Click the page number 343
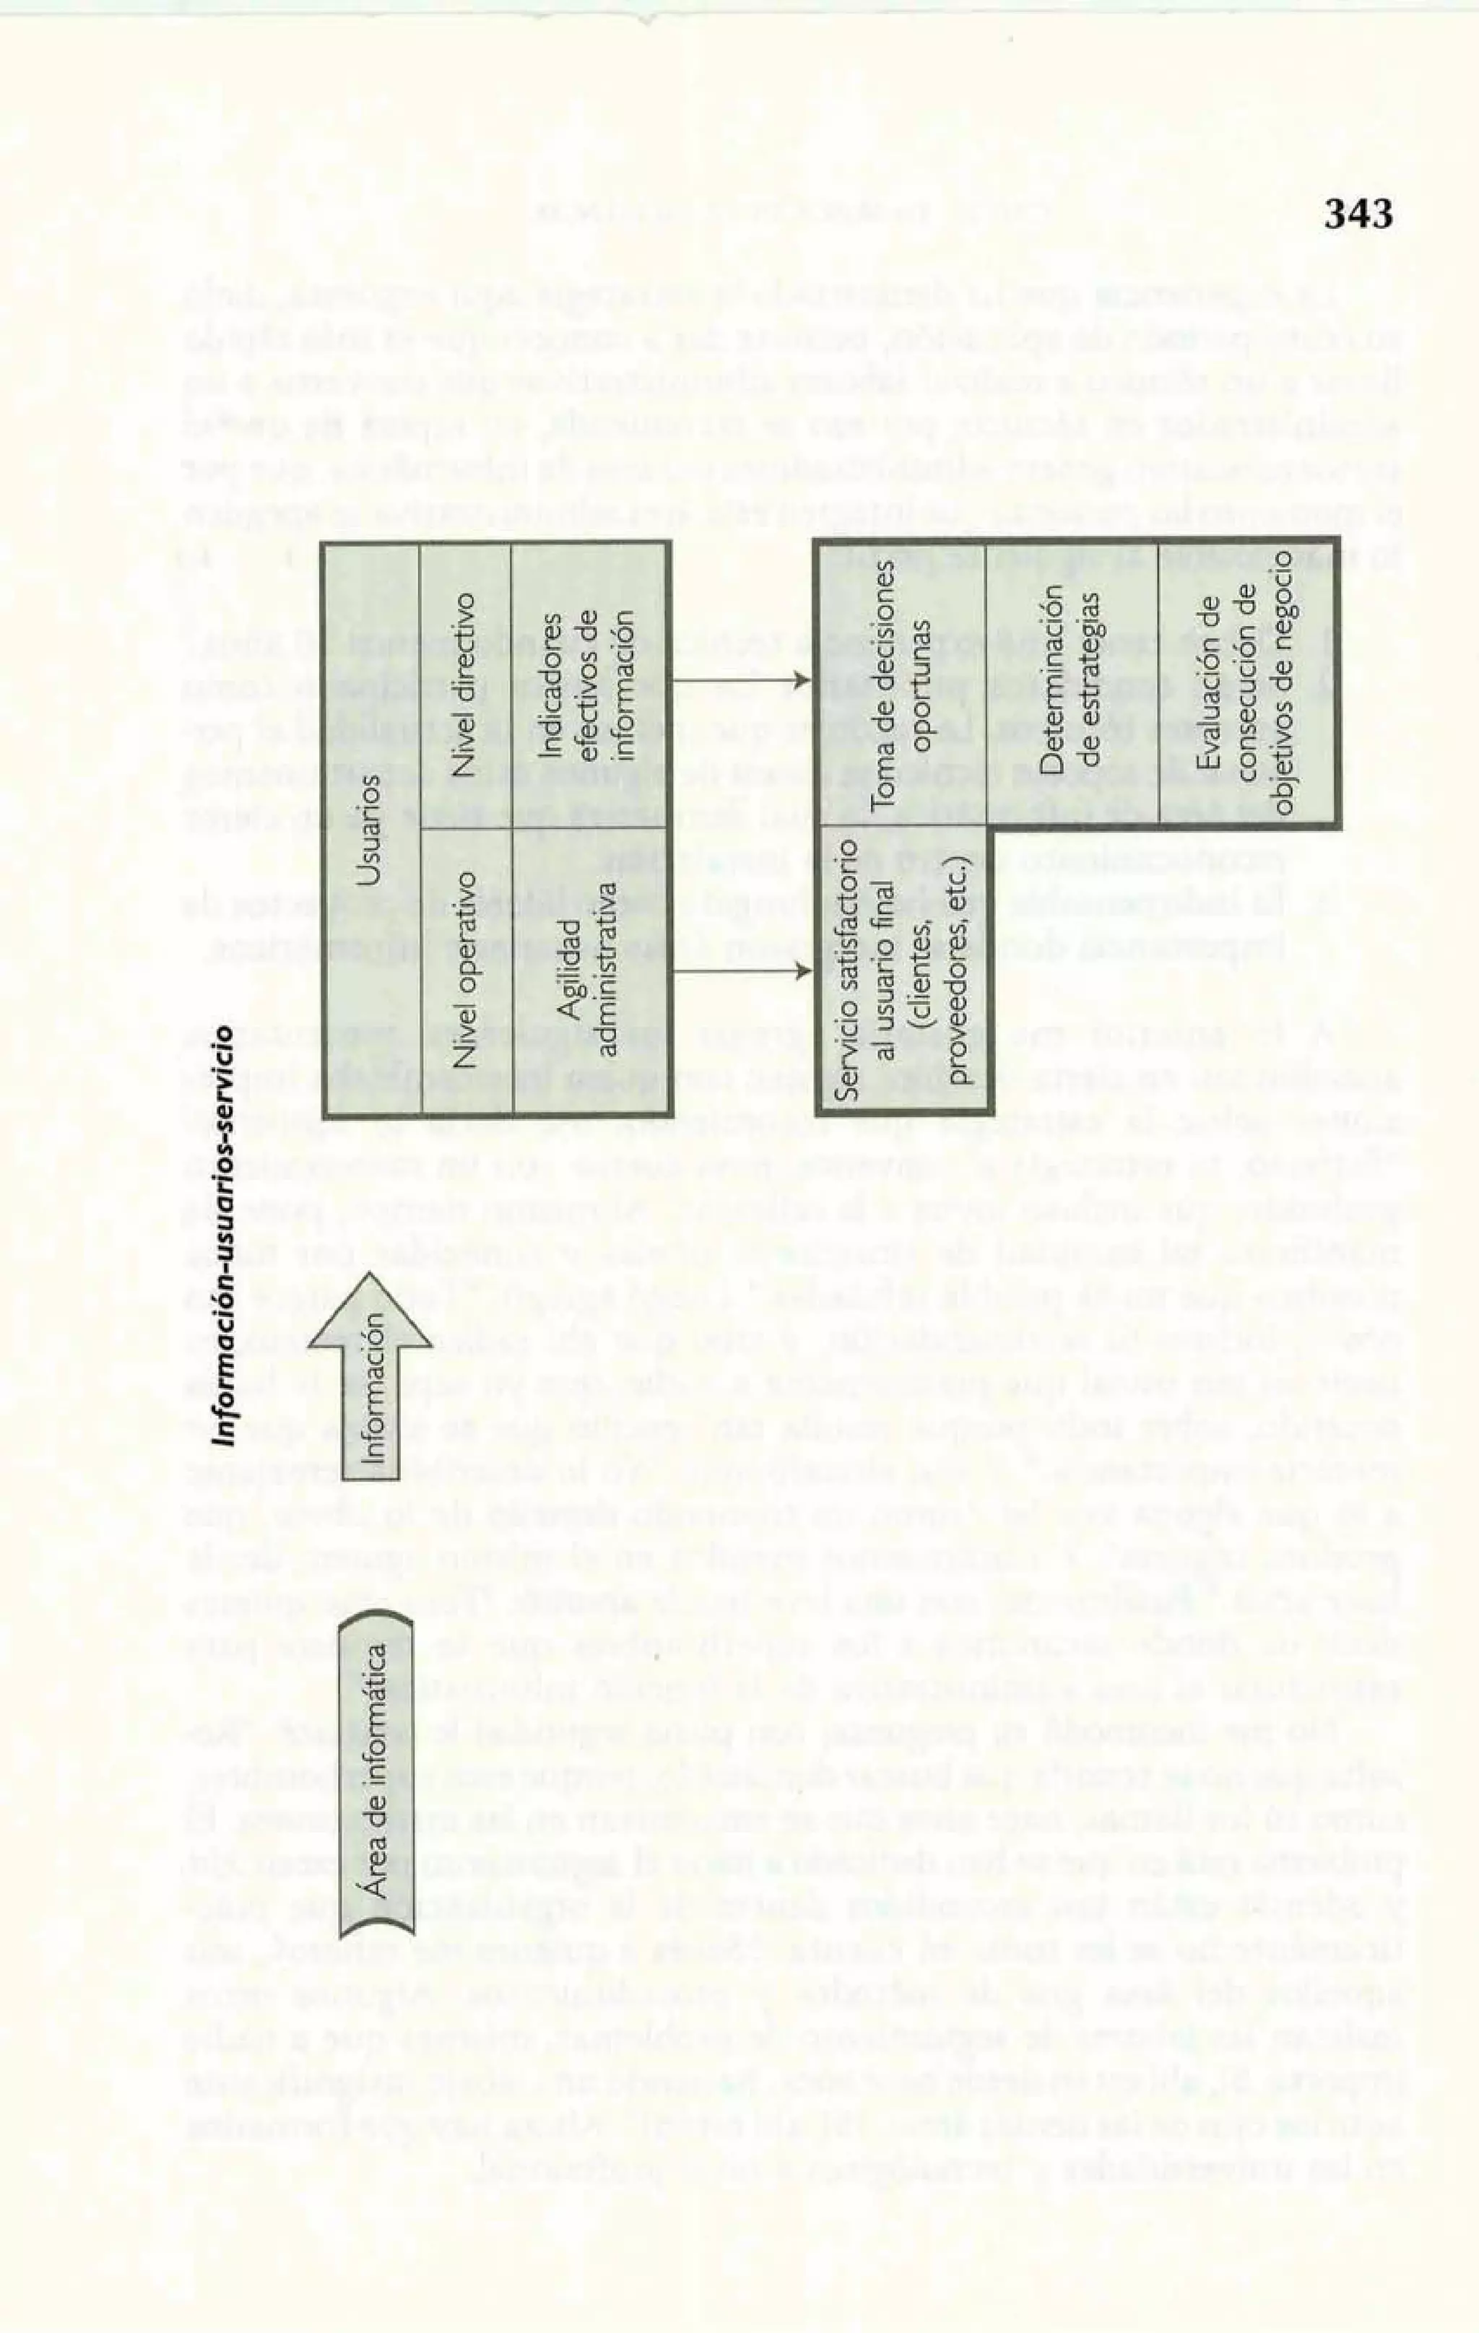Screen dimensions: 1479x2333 coord(1359,213)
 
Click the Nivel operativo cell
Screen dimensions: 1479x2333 coord(465,969)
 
